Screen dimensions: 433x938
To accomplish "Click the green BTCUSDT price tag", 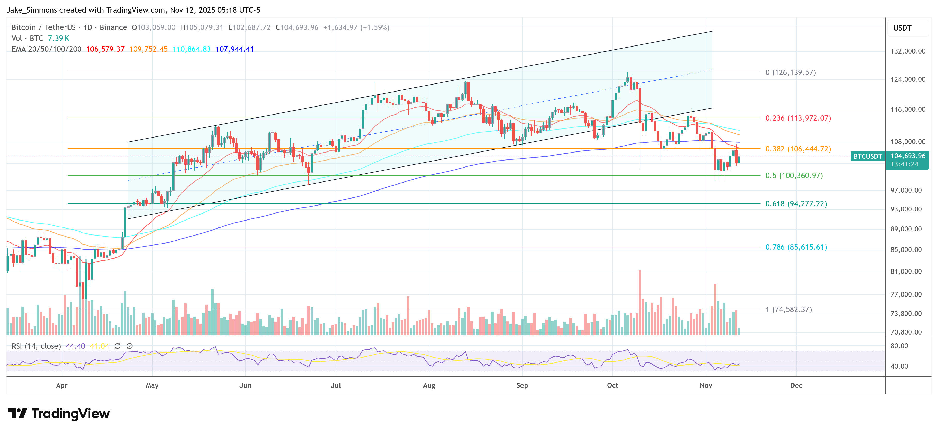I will (x=867, y=156).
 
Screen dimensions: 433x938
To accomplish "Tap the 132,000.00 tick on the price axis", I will (x=908, y=51).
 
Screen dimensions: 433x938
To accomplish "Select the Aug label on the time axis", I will (x=429, y=385).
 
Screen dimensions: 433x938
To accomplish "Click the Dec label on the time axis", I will (x=796, y=385).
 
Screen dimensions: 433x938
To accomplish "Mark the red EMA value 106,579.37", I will (x=105, y=49).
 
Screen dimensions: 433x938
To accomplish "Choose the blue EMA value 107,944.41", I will (x=234, y=49).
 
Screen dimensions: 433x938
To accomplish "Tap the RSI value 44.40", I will (x=75, y=346).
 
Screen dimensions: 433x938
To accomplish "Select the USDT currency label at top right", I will (x=902, y=28).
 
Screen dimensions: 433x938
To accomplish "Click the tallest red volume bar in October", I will (x=640, y=302).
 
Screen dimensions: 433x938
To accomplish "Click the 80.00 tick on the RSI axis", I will (x=899, y=346).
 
